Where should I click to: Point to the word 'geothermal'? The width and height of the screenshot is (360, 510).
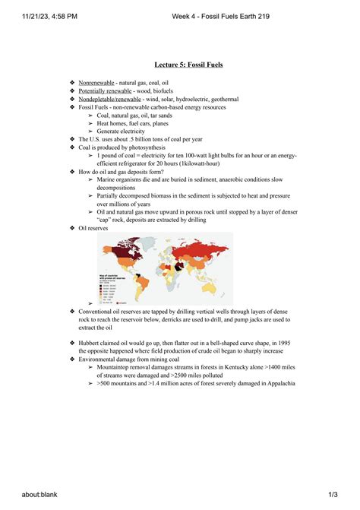220,99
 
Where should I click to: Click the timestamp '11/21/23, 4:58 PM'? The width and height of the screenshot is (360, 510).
34,15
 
